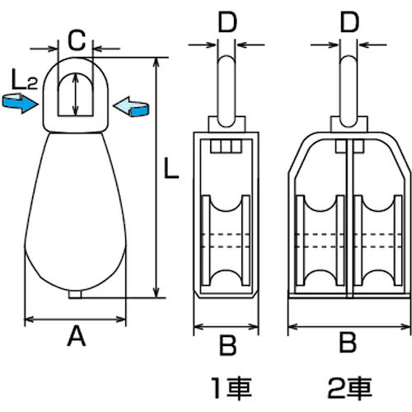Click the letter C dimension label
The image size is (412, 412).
pyautogui.click(x=77, y=40)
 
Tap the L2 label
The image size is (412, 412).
pyautogui.click(x=25, y=80)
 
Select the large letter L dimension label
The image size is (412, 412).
pyautogui.click(x=171, y=168)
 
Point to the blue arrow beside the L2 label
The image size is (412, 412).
pyautogui.click(x=20, y=103)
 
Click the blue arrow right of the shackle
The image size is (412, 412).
pyautogui.click(x=131, y=107)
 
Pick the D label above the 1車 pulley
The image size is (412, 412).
pyautogui.click(x=227, y=22)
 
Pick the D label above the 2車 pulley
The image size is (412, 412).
pyautogui.click(x=349, y=22)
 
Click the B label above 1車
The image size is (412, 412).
pyautogui.click(x=227, y=345)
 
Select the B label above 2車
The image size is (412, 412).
pyautogui.click(x=348, y=343)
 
